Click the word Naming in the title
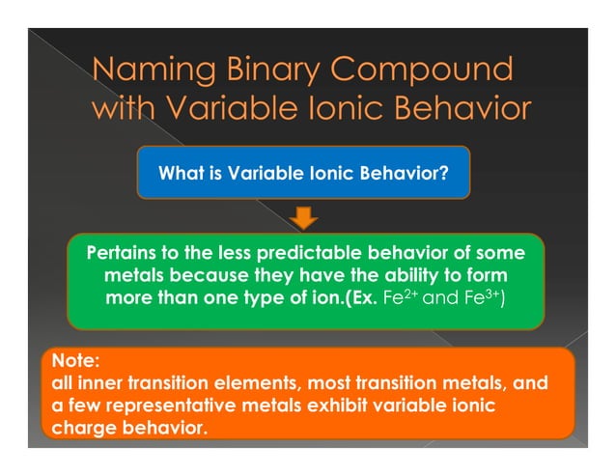click(148, 70)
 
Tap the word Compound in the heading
click(426, 70)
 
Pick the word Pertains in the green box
click(126, 254)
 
